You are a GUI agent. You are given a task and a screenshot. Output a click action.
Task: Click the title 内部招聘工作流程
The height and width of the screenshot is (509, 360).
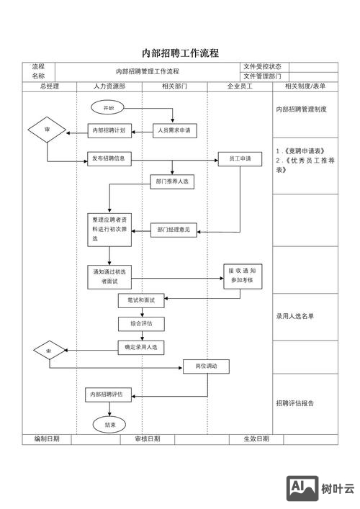(x=180, y=53)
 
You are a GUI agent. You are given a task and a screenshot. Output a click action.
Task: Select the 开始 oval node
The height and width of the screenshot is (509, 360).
(x=109, y=107)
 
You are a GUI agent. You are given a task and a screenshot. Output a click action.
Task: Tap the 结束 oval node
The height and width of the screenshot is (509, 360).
(x=109, y=424)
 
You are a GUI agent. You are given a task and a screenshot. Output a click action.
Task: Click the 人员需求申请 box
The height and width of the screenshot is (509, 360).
(x=174, y=130)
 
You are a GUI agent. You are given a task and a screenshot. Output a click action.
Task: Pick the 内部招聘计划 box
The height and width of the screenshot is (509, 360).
(x=109, y=130)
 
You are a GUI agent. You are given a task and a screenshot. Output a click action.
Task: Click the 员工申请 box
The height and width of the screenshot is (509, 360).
(x=240, y=159)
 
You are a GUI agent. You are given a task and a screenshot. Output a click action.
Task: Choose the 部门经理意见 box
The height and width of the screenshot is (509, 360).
(x=174, y=230)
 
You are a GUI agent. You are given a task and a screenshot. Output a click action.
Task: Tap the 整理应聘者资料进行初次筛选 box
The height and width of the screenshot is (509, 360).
(x=109, y=228)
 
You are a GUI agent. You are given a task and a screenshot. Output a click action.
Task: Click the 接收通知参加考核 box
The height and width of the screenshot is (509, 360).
(x=240, y=274)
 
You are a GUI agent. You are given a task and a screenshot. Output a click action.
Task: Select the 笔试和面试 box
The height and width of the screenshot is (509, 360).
(x=142, y=300)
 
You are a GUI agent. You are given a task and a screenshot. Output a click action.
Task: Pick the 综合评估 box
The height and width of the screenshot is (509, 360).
(x=142, y=324)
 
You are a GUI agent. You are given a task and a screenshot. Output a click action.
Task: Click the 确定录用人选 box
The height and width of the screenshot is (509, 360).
(x=142, y=347)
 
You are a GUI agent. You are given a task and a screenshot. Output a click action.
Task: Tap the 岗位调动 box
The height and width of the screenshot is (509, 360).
(x=206, y=366)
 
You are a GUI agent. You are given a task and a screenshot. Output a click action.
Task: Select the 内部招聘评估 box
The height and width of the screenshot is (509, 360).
(x=109, y=395)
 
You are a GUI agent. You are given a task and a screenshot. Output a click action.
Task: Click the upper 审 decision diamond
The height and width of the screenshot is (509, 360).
(x=48, y=130)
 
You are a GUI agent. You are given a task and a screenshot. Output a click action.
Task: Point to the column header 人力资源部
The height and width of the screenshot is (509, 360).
(x=109, y=86)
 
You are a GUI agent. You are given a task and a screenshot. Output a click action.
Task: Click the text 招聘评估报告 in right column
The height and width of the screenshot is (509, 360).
(x=295, y=403)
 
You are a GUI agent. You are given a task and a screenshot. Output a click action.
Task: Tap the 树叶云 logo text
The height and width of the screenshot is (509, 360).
(x=338, y=489)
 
